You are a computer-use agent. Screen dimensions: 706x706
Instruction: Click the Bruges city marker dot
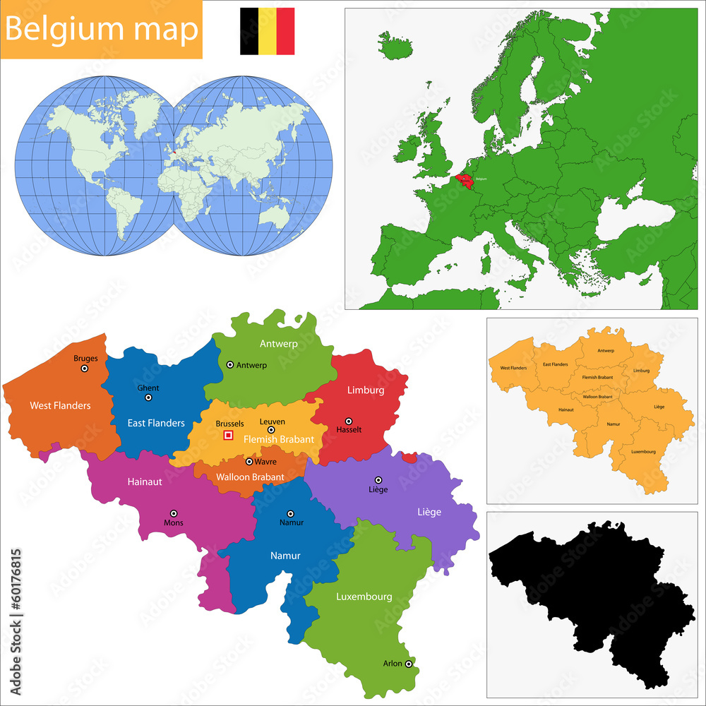tap(85, 368)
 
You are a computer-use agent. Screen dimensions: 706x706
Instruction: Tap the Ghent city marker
tap(148, 397)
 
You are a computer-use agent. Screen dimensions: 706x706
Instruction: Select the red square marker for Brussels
tap(228, 436)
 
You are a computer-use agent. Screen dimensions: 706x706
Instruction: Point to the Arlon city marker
tap(409, 664)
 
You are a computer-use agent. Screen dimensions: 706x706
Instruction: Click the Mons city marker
tap(174, 514)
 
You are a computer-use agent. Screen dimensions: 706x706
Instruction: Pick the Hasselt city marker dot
tap(348, 421)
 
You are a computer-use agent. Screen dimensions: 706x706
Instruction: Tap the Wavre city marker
tap(249, 462)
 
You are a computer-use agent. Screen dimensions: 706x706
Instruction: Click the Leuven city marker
tap(271, 430)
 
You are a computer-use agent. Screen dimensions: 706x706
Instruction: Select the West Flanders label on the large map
tap(60, 406)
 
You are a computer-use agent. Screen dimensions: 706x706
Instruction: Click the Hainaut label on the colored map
tap(145, 482)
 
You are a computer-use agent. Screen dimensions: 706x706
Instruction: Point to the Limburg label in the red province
tap(365, 390)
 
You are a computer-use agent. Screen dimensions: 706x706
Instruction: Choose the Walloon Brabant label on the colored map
tap(251, 477)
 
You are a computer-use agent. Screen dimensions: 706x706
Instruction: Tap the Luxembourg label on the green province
tap(364, 597)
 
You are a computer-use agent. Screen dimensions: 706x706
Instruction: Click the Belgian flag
tap(267, 31)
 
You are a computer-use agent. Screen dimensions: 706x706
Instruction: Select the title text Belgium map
tap(102, 30)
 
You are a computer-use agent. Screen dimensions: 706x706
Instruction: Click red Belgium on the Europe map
tap(467, 182)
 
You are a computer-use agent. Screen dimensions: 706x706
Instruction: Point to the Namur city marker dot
tap(290, 514)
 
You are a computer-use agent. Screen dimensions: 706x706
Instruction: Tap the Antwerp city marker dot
tap(230, 365)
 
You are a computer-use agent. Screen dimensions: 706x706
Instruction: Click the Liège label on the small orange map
tap(659, 407)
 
